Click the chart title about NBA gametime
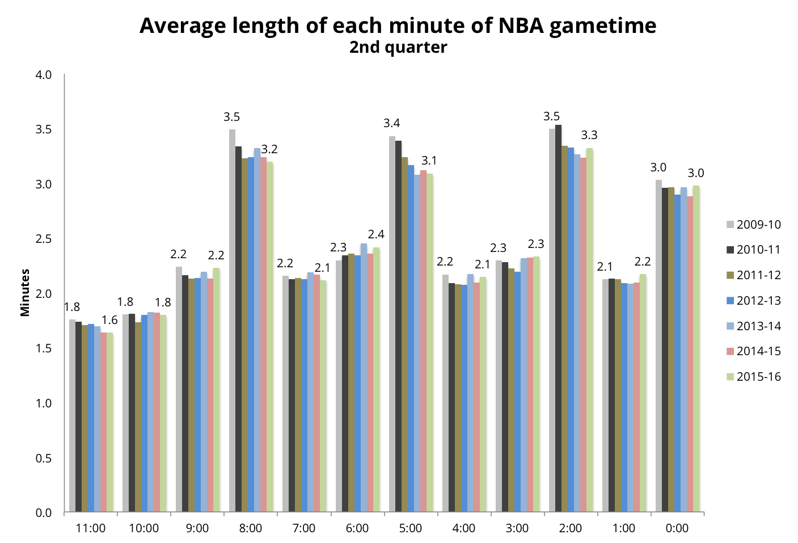tap(398, 26)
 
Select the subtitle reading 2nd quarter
tap(398, 47)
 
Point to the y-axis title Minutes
tap(25, 293)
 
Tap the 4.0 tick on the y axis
tap(44, 75)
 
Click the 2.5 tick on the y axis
tap(44, 239)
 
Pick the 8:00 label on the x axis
tap(250, 529)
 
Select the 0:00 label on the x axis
tap(677, 529)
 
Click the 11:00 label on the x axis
tap(91, 529)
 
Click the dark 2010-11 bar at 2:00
tap(558, 318)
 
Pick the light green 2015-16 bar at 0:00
tap(696, 349)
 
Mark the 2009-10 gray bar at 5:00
tap(392, 324)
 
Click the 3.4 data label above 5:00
tap(391, 124)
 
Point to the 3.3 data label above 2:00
tap(589, 136)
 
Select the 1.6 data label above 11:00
tap(109, 321)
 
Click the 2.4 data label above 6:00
tap(376, 234)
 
